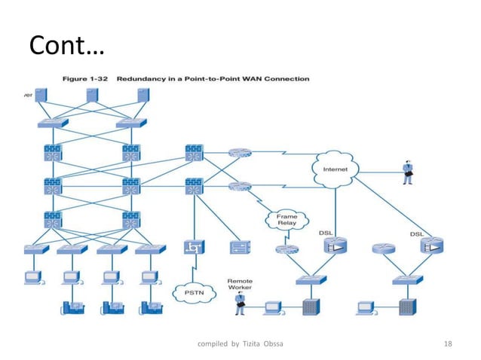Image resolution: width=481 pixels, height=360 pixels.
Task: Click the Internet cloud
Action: click(335, 169)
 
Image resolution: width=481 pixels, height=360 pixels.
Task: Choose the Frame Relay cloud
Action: click(285, 219)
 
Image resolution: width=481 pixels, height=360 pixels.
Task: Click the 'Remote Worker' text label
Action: click(240, 285)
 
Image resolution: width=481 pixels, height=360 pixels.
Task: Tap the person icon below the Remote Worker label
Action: click(240, 303)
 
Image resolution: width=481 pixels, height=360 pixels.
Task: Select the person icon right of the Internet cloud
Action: click(408, 172)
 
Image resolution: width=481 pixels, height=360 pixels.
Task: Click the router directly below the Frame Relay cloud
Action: click(286, 248)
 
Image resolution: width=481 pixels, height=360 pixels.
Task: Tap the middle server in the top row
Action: click(93, 96)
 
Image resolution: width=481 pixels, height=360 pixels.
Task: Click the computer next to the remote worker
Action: click(271, 307)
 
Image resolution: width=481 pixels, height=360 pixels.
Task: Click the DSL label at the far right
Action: click(415, 234)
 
